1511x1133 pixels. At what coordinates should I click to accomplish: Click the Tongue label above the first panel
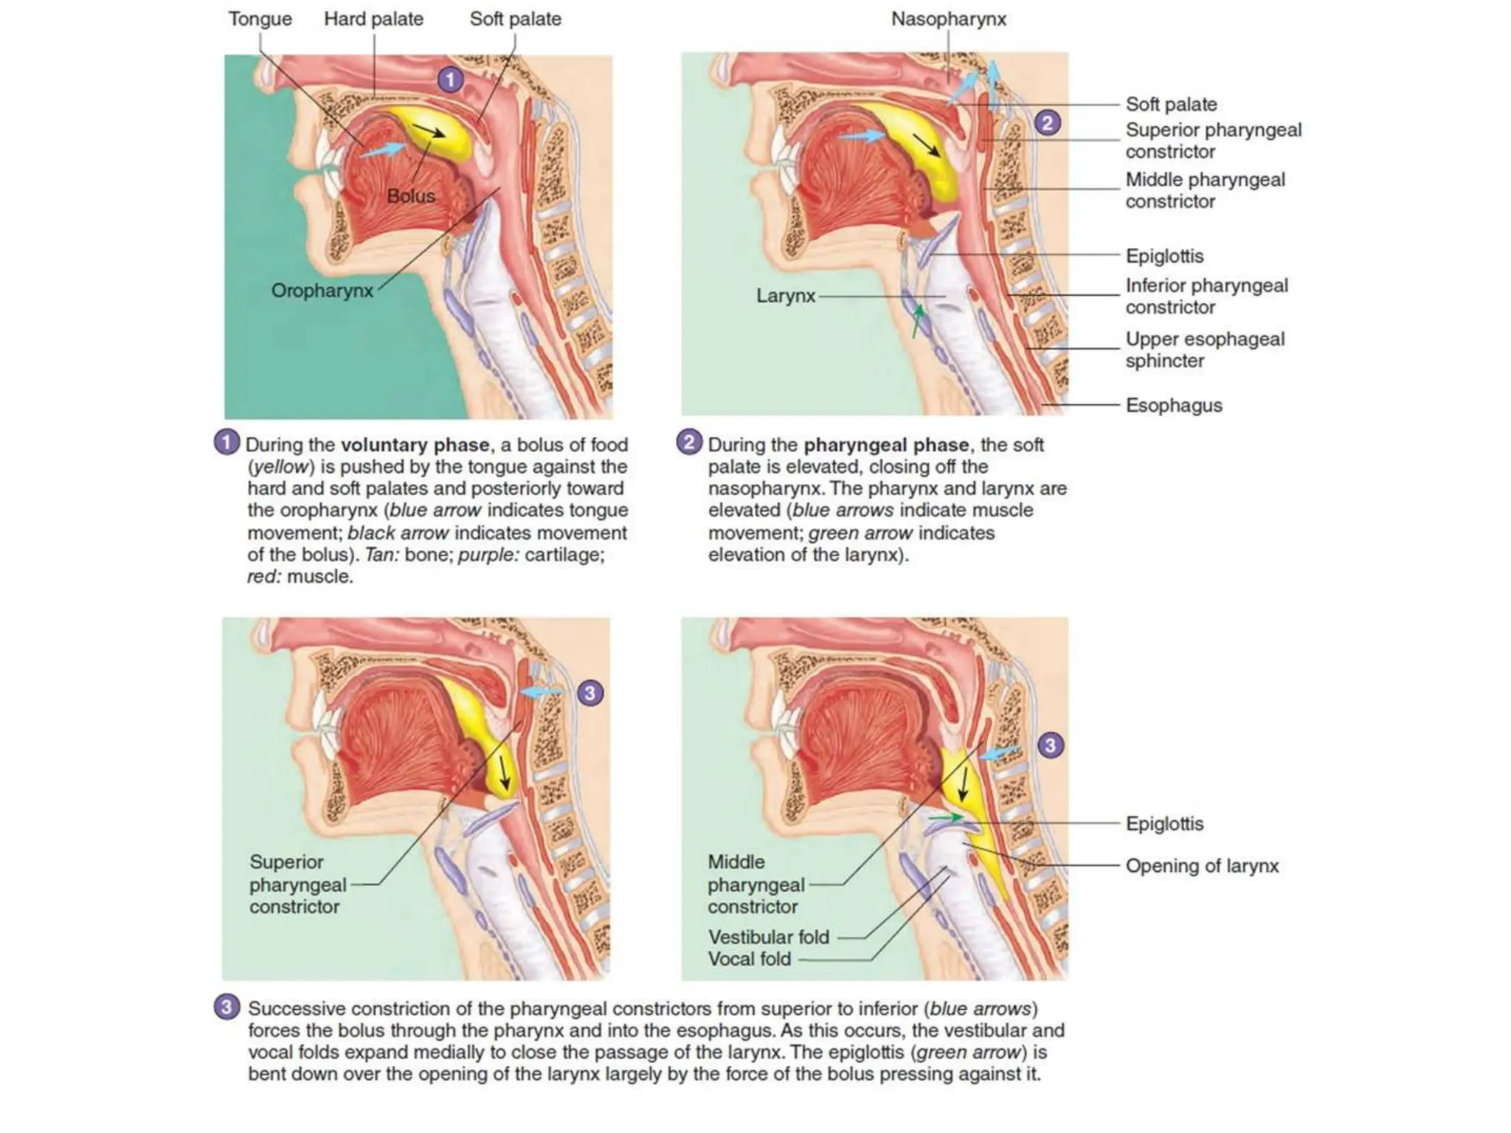(x=260, y=19)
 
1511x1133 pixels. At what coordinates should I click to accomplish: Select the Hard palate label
(x=373, y=19)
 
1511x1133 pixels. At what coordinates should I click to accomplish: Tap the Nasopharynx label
(x=948, y=19)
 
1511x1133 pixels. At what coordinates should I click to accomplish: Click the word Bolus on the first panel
(x=411, y=196)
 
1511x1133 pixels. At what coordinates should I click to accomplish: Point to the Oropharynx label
(x=322, y=291)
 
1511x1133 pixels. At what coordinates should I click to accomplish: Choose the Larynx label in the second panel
(x=786, y=296)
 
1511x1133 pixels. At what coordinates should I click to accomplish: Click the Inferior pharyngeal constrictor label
(x=1206, y=296)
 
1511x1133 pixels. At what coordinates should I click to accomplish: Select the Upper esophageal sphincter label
(x=1205, y=350)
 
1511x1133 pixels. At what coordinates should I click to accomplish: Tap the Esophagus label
(x=1173, y=405)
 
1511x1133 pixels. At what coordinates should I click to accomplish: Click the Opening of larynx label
(x=1202, y=865)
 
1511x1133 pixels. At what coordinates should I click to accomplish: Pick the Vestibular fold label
(x=769, y=937)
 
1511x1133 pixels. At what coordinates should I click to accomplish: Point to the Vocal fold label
(x=750, y=959)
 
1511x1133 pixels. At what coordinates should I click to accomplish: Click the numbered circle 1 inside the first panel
(x=450, y=79)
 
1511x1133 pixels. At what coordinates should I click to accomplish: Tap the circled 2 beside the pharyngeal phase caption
(x=689, y=443)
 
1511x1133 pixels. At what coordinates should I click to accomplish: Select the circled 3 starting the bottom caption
(x=227, y=1007)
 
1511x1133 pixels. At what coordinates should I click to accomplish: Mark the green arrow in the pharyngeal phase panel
(x=917, y=322)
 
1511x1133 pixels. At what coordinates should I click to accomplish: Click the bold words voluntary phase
(x=415, y=445)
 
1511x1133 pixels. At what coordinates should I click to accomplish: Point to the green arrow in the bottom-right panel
(x=945, y=817)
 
